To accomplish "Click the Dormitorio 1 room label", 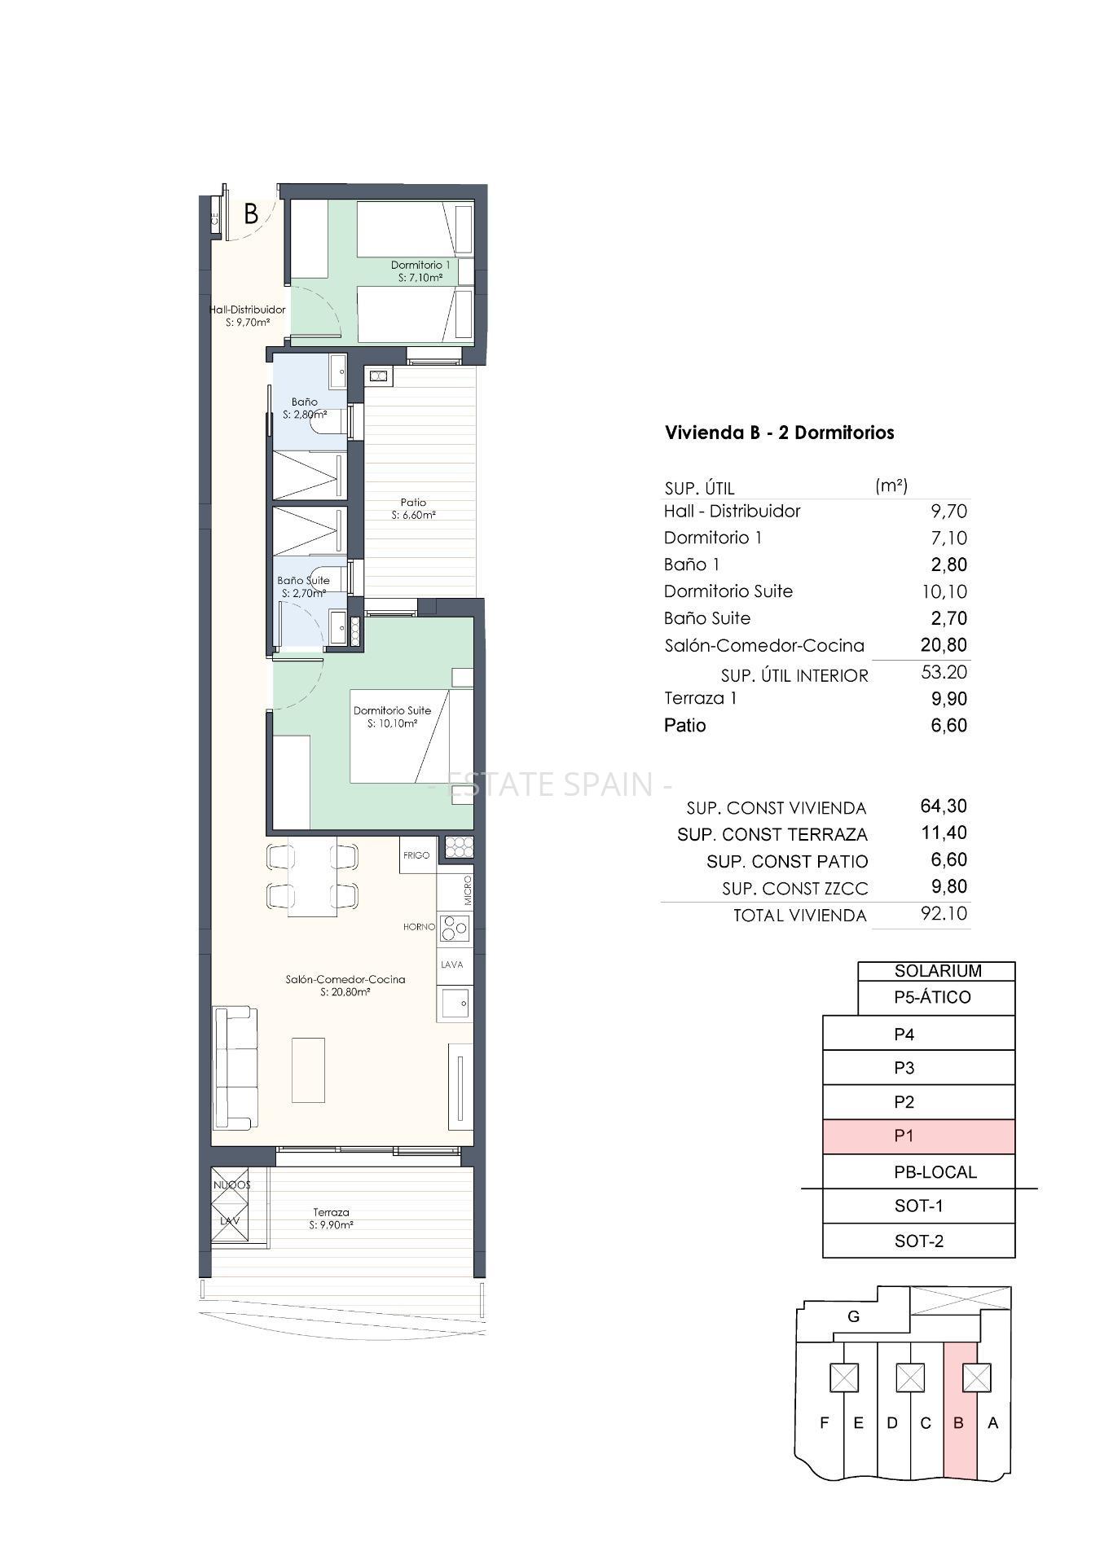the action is (420, 265).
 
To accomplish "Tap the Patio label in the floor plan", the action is (413, 503).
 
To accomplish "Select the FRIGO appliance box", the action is (416, 855).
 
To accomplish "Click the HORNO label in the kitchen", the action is (419, 927).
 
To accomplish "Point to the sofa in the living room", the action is (235, 1068).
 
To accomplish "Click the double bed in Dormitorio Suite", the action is (411, 736).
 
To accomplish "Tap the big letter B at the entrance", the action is (252, 214).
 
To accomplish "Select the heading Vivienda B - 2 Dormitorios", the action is (780, 433).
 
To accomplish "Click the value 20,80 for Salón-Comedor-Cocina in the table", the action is (944, 645).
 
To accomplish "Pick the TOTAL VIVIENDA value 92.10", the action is (944, 913).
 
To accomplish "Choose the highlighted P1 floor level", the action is (919, 1136).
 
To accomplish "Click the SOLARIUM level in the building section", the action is (937, 971).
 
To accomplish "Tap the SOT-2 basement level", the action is (919, 1241).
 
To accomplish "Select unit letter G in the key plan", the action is (854, 1316).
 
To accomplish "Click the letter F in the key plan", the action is (825, 1423).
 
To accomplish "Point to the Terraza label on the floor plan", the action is (331, 1212).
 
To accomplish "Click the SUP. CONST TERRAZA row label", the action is (772, 835).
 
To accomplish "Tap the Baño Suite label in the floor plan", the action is (303, 581).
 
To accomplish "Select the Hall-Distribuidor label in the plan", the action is (248, 310).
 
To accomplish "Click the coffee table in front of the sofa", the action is (308, 1070).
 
